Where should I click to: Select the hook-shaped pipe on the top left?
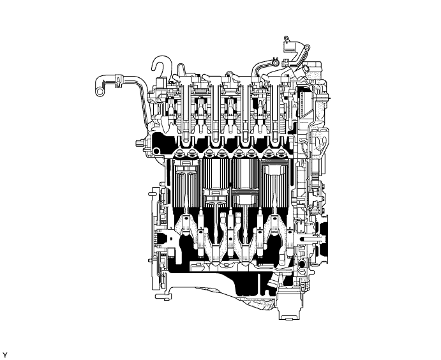(158, 66)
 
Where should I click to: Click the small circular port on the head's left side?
(154, 151)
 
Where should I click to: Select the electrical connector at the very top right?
(289, 47)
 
